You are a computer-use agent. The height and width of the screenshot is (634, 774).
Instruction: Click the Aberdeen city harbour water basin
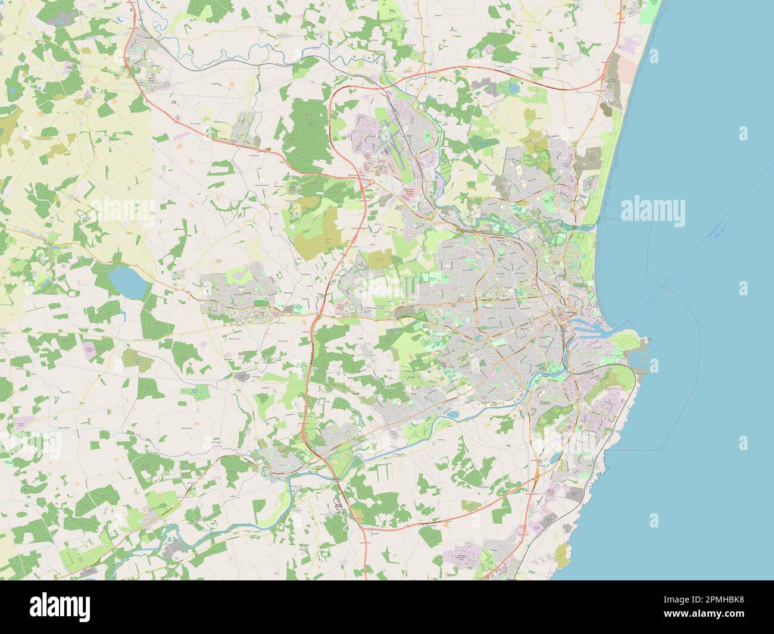580,325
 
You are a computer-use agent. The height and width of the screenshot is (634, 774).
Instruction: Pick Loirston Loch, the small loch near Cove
555,459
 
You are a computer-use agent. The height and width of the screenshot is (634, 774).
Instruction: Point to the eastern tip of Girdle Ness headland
649,340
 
